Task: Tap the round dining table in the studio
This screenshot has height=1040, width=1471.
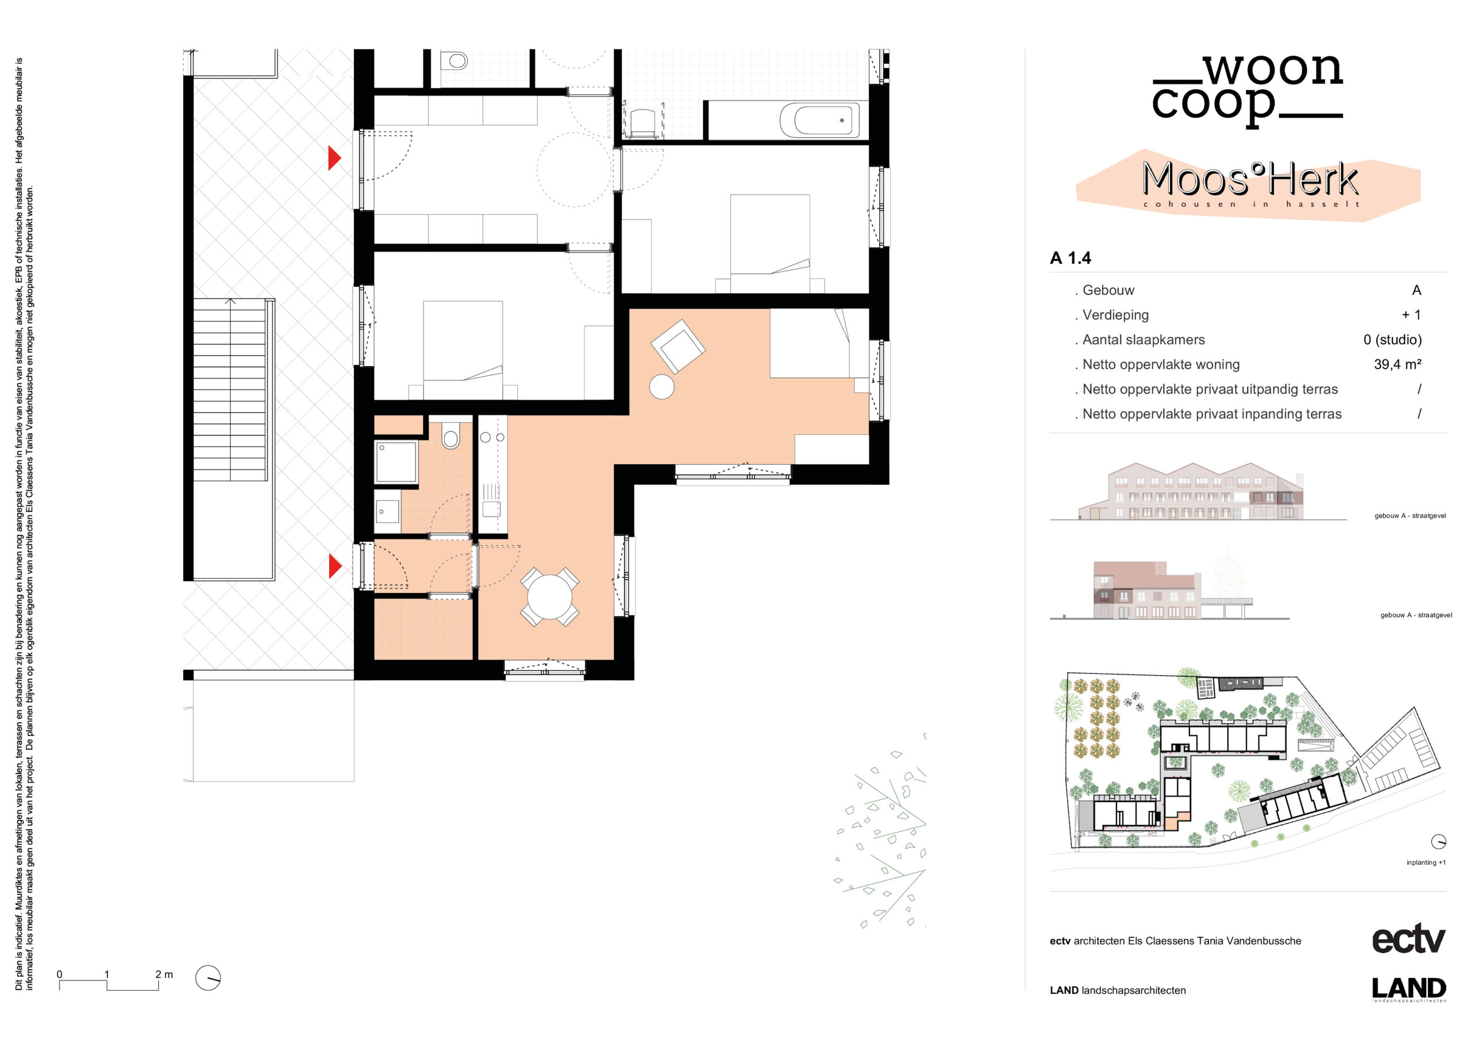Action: click(x=549, y=596)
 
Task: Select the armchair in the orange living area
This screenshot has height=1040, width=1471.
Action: click(x=678, y=346)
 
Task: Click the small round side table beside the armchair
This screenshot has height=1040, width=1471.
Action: click(x=662, y=386)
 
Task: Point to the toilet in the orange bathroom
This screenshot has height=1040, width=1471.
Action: click(x=451, y=435)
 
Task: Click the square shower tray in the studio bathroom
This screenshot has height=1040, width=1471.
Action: click(x=396, y=461)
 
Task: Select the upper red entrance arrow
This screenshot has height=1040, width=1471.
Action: click(x=334, y=157)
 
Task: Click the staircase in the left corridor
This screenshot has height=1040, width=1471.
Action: click(x=230, y=390)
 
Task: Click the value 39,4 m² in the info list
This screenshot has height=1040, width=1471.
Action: click(x=1397, y=365)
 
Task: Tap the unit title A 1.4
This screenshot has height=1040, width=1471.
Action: click(x=1070, y=258)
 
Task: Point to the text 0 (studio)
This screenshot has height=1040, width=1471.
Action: click(x=1392, y=340)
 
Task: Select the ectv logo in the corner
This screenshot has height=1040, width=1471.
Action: click(x=1408, y=939)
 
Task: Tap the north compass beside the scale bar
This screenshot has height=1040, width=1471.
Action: click(x=207, y=978)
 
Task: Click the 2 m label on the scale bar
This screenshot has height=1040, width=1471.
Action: click(x=164, y=974)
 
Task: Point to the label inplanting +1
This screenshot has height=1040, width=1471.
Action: click(x=1426, y=862)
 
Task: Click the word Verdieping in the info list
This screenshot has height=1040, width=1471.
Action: click(x=1115, y=315)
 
